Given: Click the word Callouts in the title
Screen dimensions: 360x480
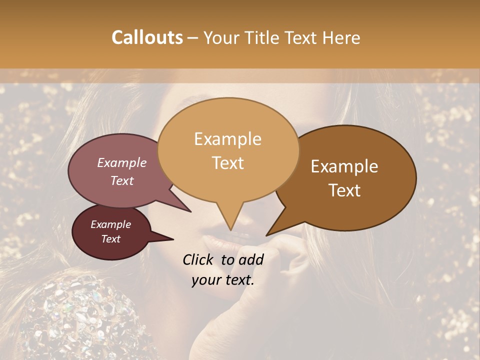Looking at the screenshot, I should (x=147, y=38).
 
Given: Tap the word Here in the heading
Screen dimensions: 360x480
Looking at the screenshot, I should (x=341, y=38).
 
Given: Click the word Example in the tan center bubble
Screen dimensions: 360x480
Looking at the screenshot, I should (x=227, y=139).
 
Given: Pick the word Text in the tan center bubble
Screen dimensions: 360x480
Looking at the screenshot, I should (x=227, y=163).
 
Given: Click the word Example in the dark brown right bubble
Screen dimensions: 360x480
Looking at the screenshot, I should (x=344, y=166).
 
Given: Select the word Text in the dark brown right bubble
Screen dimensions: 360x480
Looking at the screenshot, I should (x=344, y=190).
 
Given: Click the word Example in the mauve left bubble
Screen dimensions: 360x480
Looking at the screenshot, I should (x=121, y=162).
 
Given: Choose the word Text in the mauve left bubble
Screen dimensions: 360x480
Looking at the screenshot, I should (x=121, y=180).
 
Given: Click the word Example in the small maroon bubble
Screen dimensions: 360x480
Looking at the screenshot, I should (x=110, y=224).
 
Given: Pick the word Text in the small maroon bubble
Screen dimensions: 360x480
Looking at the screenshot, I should (x=110, y=239).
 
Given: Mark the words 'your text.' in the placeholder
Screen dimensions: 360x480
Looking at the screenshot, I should (x=222, y=280).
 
